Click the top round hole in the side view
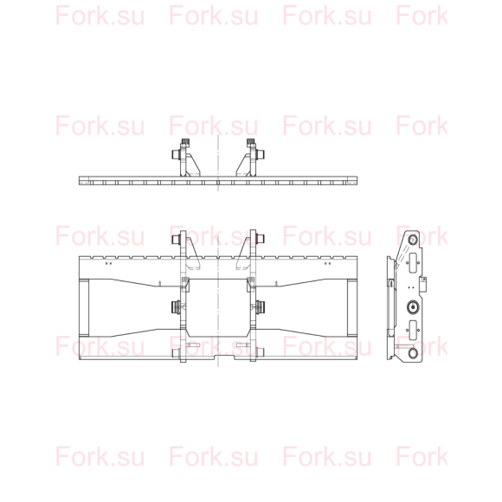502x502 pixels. pyautogui.click(x=413, y=239)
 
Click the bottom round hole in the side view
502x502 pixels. pyautogui.click(x=413, y=353)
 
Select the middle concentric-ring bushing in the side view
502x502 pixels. pyautogui.click(x=413, y=307)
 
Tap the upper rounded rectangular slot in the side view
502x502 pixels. pyautogui.click(x=413, y=263)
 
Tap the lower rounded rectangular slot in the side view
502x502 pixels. pyautogui.click(x=413, y=330)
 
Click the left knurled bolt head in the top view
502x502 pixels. pyautogui.click(x=184, y=142)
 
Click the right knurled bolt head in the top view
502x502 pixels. pyautogui.click(x=250, y=142)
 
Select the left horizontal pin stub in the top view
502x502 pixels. pyautogui.click(x=176, y=155)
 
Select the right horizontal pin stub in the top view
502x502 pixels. pyautogui.click(x=260, y=155)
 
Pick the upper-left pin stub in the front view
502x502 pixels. pyautogui.click(x=176, y=240)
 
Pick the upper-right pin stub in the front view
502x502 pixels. pyautogui.click(x=260, y=240)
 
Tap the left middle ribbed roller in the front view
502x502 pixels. pyautogui.click(x=176, y=307)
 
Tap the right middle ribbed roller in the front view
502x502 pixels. pyautogui.click(x=260, y=307)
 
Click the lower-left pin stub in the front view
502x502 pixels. pyautogui.click(x=176, y=353)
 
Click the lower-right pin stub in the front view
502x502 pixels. pyautogui.click(x=260, y=353)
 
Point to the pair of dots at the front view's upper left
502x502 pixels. pyautogui.click(x=109, y=263)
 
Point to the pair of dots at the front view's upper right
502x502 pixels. pyautogui.click(x=327, y=263)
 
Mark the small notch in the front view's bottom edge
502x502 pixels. pyautogui.click(x=225, y=357)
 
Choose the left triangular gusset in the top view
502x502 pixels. pyautogui.click(x=192, y=166)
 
